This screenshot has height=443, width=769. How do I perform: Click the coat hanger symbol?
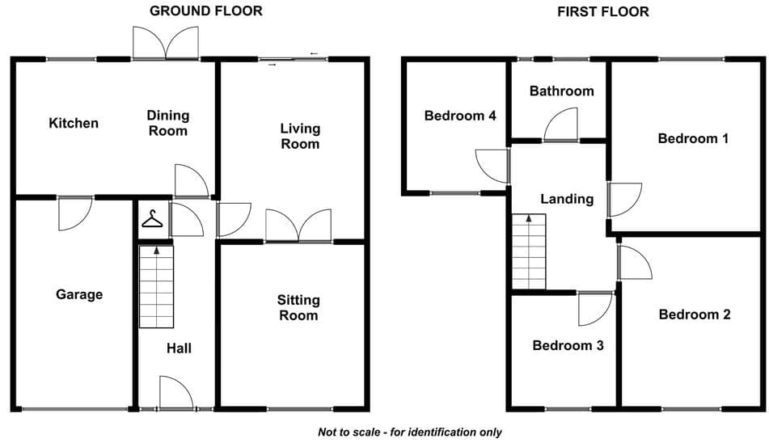click(x=152, y=219)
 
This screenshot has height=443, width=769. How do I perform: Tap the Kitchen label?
click(x=74, y=123)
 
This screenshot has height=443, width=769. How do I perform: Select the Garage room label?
click(x=79, y=294)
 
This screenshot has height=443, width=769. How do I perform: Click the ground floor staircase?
click(x=156, y=287)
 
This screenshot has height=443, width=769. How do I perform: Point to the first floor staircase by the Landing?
click(x=529, y=251)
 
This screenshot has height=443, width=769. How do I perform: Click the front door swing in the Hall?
click(x=175, y=393)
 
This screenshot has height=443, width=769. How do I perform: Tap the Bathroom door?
click(x=560, y=124)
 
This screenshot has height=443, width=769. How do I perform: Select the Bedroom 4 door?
click(x=492, y=167)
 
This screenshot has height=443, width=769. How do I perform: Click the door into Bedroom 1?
click(x=625, y=200)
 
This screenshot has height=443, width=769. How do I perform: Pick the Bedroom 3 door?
click(x=595, y=309)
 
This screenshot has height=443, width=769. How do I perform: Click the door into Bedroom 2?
click(x=635, y=262)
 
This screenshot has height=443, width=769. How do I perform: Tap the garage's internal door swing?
click(x=75, y=213)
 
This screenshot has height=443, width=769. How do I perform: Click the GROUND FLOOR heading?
click(x=206, y=11)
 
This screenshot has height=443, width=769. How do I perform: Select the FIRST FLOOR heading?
click(x=603, y=12)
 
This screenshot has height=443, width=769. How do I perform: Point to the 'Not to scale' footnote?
click(x=410, y=432)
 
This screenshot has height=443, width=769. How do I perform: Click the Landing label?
click(x=567, y=199)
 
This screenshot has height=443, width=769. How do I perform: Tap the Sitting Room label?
click(x=298, y=307)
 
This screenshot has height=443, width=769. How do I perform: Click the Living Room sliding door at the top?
click(x=294, y=60)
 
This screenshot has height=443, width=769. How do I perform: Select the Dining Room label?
click(x=167, y=123)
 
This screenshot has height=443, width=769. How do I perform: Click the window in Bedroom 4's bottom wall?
click(x=455, y=193)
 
